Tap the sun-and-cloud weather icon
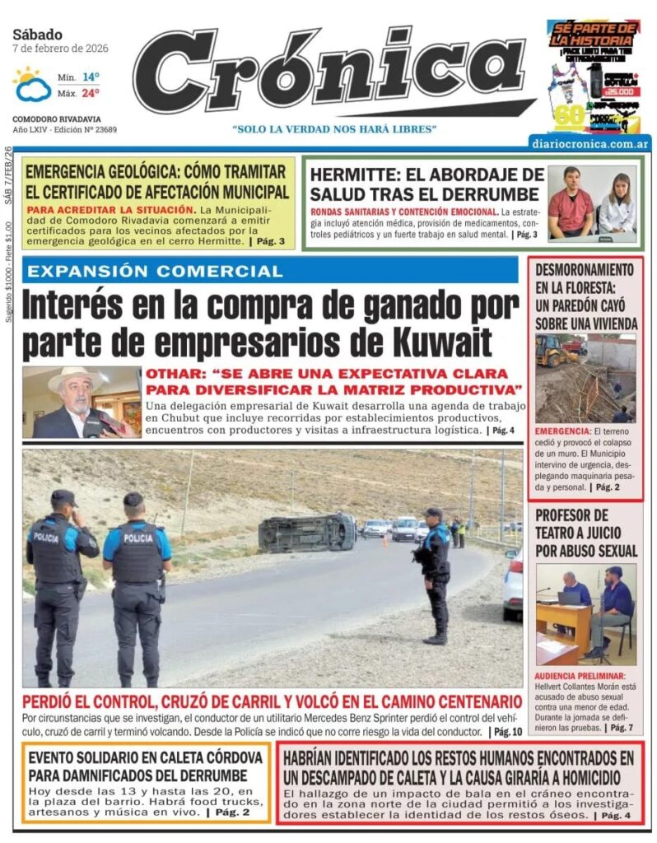pyautogui.click(x=31, y=84)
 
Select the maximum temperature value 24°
pyautogui.click(x=91, y=93)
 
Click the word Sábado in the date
pyautogui.click(x=37, y=35)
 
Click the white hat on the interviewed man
pyautogui.click(x=72, y=377)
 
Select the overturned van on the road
pyautogui.click(x=306, y=532)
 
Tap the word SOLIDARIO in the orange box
pyautogui.click(x=115, y=757)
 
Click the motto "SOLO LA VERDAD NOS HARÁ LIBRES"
pyautogui.click(x=334, y=129)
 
